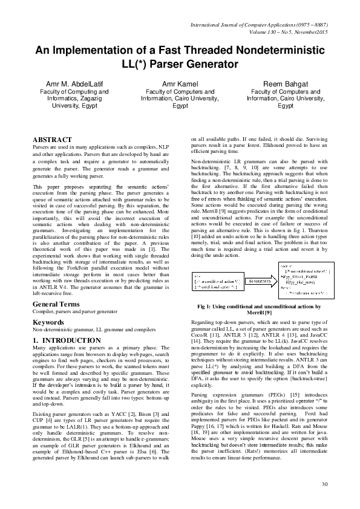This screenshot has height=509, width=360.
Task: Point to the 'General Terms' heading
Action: [x=56, y=303]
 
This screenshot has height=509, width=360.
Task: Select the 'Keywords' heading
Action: [x=49, y=322]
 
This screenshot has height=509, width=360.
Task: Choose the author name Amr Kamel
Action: [x=180, y=83]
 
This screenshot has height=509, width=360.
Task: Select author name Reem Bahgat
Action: [x=286, y=83]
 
